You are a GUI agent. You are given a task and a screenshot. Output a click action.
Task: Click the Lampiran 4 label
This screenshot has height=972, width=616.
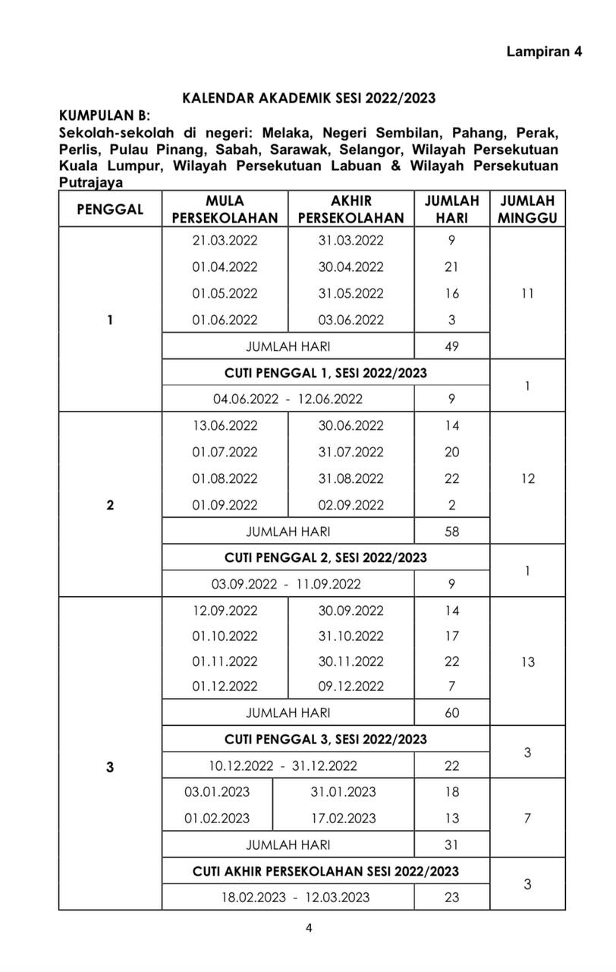544,52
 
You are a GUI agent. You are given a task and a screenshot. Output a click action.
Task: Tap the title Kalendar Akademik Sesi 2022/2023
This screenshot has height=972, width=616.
310,99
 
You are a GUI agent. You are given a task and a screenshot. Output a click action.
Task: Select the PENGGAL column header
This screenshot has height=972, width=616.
110,210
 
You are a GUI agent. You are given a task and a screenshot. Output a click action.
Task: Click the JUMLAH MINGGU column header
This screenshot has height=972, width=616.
527,210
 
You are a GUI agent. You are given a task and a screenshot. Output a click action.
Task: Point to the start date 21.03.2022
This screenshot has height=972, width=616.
225,241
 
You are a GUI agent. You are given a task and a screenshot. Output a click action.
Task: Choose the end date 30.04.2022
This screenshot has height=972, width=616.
351,267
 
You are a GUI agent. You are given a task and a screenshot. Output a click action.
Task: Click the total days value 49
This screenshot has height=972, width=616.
452,346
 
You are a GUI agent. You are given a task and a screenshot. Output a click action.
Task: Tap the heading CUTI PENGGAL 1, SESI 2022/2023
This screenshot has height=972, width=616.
325,373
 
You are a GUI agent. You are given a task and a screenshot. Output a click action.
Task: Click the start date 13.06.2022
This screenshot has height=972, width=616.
225,426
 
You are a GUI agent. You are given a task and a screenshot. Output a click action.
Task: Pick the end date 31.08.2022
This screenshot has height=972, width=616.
351,479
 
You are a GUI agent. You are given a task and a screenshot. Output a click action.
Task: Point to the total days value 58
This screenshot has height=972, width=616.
452,532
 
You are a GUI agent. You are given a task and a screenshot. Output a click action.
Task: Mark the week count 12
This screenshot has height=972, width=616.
528,479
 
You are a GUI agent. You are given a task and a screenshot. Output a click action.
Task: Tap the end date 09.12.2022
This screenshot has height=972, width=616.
351,686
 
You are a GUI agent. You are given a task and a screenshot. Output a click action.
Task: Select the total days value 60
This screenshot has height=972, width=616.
452,713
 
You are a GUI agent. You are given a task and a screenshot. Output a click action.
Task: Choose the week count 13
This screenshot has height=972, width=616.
528,662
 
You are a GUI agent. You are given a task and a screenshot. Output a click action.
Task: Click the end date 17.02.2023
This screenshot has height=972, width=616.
343,819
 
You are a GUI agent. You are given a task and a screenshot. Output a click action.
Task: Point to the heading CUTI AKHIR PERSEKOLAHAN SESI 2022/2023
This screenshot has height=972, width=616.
325,871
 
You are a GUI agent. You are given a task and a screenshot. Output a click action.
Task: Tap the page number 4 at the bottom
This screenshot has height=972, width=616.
309,927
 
